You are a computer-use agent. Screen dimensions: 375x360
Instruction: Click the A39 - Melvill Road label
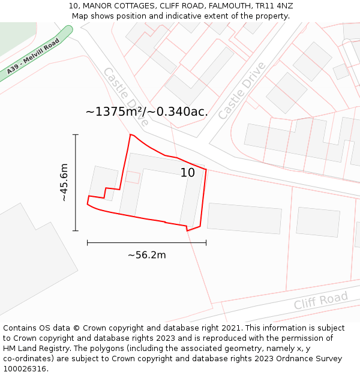tap(34, 58)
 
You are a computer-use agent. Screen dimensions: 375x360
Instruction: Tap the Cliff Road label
tap(320, 301)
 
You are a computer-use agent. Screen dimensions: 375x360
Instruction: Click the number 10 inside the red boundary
tap(188, 173)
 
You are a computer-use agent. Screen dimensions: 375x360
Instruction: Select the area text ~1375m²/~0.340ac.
tap(147, 112)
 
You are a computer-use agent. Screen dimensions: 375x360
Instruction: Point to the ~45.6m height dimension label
tap(64, 182)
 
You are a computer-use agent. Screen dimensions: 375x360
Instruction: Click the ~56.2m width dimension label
tap(146, 255)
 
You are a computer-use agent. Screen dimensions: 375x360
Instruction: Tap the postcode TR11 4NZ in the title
tap(274, 6)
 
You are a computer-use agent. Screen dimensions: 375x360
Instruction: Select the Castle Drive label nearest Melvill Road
tap(125, 96)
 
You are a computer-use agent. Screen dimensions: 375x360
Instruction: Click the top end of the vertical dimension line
tap(76, 135)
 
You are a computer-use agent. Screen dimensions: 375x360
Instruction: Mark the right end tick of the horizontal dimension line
tap(206, 242)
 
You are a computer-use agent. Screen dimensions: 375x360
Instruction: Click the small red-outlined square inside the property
tap(133, 177)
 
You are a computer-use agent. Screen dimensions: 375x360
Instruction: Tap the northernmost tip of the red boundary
tap(131, 134)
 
